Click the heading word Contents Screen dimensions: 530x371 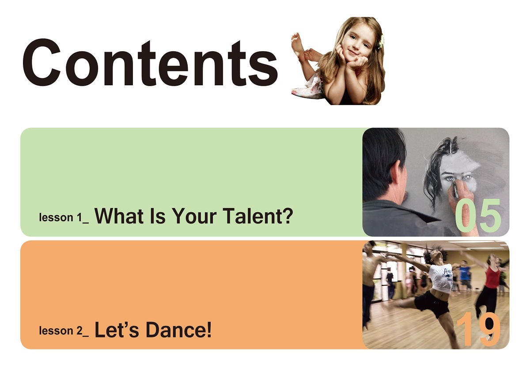pyautogui.click(x=150, y=62)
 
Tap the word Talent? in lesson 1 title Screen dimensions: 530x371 pyautogui.click(x=258, y=216)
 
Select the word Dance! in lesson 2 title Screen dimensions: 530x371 pyautogui.click(x=178, y=329)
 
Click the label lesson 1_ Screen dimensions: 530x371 pyautogui.click(x=64, y=217)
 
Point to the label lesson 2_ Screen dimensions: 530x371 pyautogui.click(x=64, y=331)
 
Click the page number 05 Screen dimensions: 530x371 pyautogui.click(x=478, y=216)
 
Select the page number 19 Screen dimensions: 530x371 pyautogui.click(x=478, y=329)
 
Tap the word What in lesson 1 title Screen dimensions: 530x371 pyautogui.click(x=119, y=216)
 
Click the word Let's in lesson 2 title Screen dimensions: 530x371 pyautogui.click(x=117, y=329)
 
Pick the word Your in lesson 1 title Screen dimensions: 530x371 pyautogui.click(x=194, y=216)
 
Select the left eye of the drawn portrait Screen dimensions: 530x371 pyautogui.click(x=450, y=178)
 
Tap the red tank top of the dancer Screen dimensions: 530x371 pyautogui.click(x=492, y=276)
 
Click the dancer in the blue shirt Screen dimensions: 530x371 pyautogui.click(x=465, y=275)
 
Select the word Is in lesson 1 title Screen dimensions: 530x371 pyautogui.click(x=158, y=216)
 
